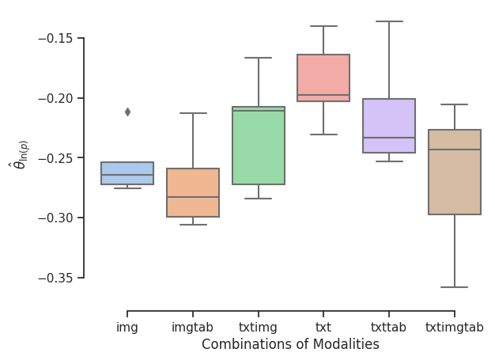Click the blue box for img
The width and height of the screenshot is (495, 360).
pos(127,173)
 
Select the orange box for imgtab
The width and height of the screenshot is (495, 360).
pos(193,192)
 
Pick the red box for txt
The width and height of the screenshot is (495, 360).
pos(323,78)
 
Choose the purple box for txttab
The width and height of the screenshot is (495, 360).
pos(389,126)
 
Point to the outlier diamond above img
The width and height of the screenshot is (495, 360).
pos(127,112)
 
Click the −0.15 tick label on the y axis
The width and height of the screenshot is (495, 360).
pos(56,38)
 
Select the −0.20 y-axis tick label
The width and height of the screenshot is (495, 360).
pos(56,98)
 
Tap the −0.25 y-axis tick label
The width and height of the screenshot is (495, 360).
pos(56,158)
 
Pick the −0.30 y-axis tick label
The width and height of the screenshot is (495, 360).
pos(56,218)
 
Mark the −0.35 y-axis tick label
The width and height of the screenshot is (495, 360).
pos(56,278)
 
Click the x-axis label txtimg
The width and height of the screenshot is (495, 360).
pos(259,327)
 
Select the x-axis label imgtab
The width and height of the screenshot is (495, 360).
pos(193,327)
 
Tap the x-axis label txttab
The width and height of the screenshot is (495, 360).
pos(389,327)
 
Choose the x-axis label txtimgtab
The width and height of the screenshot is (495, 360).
pos(455,327)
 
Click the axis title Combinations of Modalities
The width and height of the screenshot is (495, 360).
pos(290,344)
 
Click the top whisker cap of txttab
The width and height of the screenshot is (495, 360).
pos(389,21)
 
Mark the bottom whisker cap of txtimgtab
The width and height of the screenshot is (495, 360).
pos(455,287)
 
